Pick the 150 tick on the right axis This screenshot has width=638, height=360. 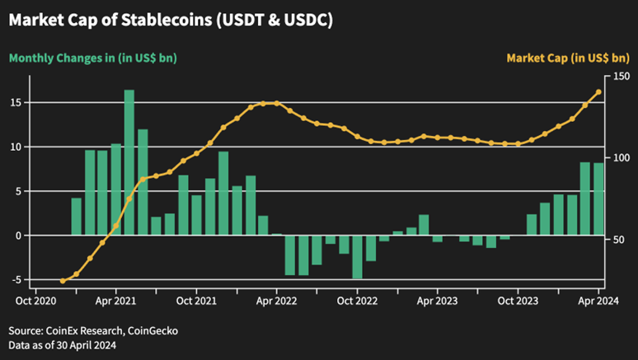(621, 77)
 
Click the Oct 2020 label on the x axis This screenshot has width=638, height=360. (35, 301)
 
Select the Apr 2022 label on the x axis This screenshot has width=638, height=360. (276, 301)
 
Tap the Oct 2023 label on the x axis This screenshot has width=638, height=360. (518, 301)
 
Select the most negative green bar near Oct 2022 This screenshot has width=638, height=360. (357, 257)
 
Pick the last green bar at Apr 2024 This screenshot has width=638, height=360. (598, 199)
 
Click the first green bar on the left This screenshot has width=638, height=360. (76, 217)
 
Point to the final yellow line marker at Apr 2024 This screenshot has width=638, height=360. (598, 91)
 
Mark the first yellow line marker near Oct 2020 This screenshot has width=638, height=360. (63, 281)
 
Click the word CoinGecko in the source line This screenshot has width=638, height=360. (153, 331)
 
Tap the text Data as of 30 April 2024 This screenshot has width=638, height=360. (63, 345)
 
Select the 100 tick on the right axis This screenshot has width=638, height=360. (621, 158)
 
